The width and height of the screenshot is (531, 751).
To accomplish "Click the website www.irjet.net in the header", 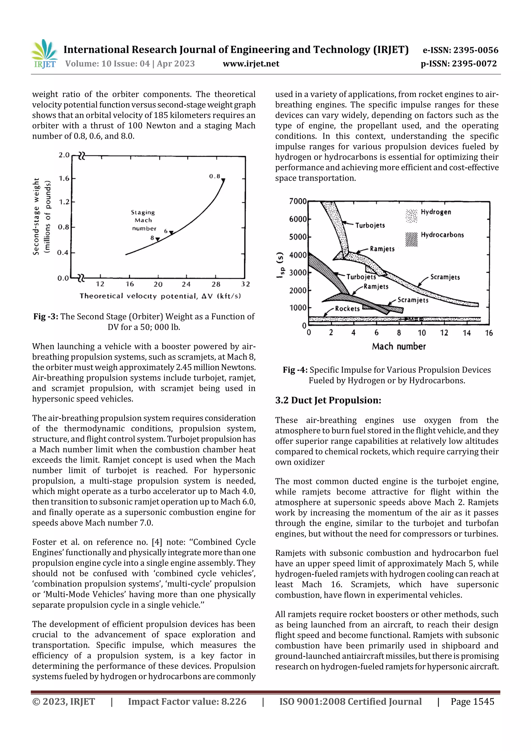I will point(251,64).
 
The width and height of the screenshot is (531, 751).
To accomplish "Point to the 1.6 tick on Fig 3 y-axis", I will point(64,178).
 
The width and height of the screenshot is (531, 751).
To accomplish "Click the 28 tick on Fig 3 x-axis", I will point(216,284).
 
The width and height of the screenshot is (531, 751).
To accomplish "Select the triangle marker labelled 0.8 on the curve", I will point(223,180).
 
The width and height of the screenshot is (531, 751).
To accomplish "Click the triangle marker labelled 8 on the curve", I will point(157,240).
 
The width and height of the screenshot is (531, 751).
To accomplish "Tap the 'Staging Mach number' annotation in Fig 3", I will point(143,220).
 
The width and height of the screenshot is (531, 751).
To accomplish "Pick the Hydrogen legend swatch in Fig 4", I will point(411,216).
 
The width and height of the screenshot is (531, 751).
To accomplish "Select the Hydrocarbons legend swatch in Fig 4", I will point(411,240).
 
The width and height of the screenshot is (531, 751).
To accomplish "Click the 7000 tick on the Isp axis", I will point(298,201).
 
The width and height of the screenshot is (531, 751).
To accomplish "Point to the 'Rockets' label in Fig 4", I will point(347,308).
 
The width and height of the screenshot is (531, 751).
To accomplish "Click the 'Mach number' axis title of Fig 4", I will point(399,346).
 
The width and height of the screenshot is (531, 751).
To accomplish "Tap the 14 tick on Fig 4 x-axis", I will point(466,333).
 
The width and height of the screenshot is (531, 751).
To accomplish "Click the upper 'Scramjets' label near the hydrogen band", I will point(445,277).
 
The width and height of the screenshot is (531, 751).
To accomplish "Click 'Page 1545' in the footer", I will point(472,701).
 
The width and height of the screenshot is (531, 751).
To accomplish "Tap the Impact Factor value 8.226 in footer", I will point(234,701).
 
